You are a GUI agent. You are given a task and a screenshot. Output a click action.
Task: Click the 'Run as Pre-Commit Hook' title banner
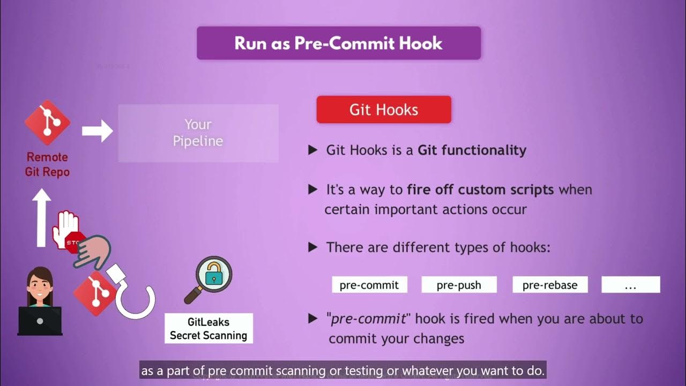[338, 43]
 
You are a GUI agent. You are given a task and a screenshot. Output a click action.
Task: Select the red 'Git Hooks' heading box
[384, 110]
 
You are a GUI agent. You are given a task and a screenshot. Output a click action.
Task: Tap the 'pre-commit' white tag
[369, 285]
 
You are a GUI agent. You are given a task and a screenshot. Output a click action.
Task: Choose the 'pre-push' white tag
[459, 285]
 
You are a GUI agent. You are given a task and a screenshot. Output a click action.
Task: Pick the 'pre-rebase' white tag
[550, 285]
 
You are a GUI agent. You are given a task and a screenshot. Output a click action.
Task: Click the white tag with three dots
[630, 285]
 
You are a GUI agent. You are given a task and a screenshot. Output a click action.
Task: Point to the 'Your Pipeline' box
[198, 133]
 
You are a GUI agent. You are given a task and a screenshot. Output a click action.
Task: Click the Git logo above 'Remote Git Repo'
[48, 123]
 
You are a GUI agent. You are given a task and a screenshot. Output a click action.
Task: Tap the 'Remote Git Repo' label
[47, 165]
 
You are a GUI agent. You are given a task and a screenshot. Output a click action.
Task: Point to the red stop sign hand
[66, 231]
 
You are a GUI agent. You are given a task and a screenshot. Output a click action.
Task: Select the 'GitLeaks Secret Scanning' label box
[208, 329]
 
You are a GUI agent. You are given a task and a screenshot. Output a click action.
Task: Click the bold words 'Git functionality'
[472, 150]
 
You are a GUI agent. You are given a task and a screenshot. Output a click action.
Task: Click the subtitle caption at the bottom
[343, 370]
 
